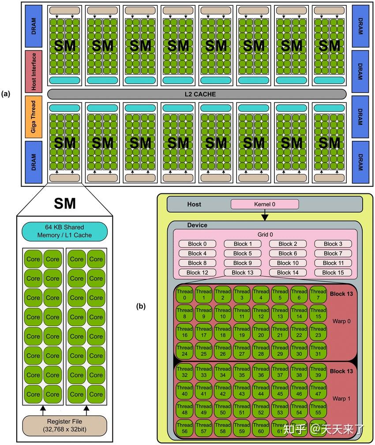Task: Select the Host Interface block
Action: click(34, 71)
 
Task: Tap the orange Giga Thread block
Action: click(34, 117)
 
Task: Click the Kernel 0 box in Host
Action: click(265, 204)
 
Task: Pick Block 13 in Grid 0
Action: click(242, 272)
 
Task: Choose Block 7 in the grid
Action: click(333, 253)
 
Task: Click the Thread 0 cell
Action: click(185, 294)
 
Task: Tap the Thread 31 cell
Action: click(318, 351)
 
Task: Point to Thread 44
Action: click(261, 391)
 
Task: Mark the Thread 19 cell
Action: click(242, 332)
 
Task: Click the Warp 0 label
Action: click(341, 321)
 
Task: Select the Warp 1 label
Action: click(341, 399)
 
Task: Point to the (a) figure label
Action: click(6, 94)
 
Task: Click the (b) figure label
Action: click(141, 305)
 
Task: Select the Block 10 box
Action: click(287, 263)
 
